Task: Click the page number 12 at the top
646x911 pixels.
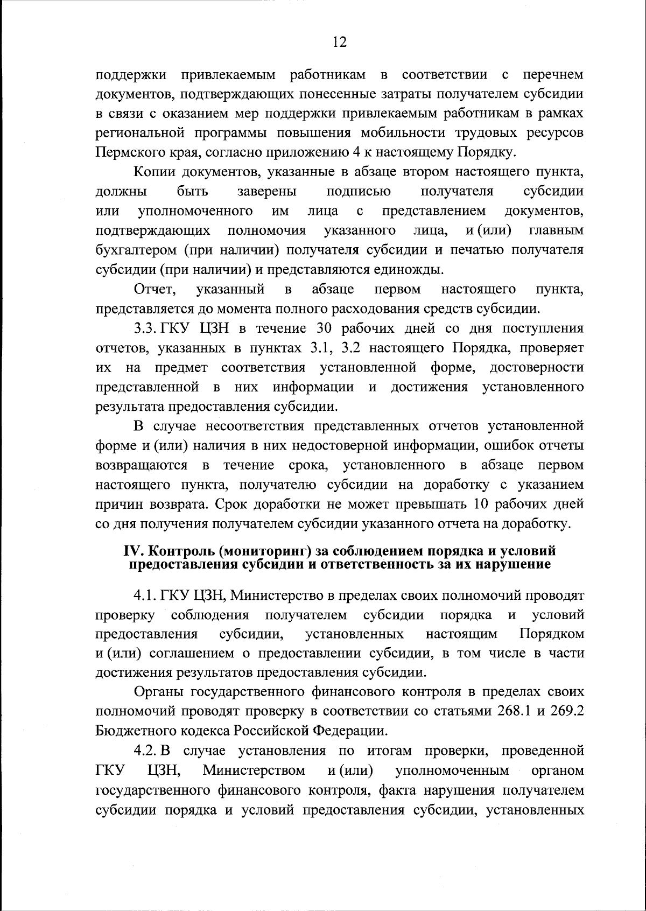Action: pyautogui.click(x=339, y=43)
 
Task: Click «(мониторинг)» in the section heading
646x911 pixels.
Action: pyautogui.click(x=251, y=551)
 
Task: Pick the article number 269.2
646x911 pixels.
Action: pyautogui.click(x=566, y=711)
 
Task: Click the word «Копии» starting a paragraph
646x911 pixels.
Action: pyautogui.click(x=153, y=172)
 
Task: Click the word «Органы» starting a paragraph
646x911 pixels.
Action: pyautogui.click(x=159, y=692)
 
